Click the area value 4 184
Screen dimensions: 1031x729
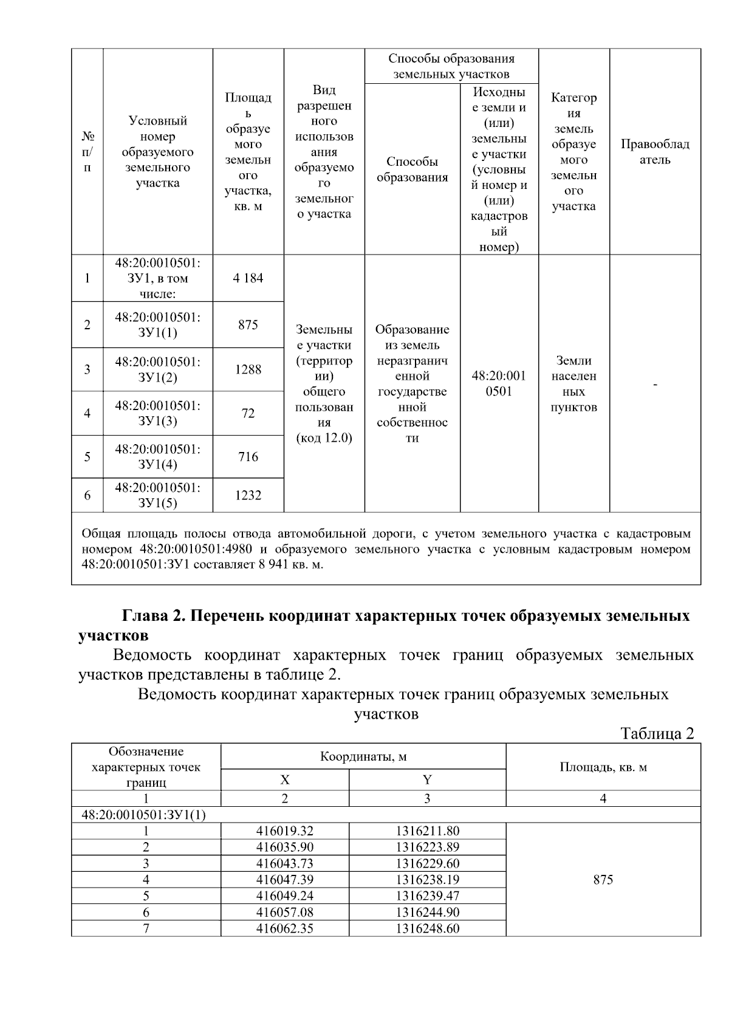(x=248, y=278)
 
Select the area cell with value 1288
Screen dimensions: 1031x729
(x=248, y=369)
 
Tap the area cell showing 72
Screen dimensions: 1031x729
(x=248, y=414)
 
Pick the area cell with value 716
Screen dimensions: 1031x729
(x=248, y=457)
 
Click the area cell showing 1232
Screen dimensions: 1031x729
(x=248, y=496)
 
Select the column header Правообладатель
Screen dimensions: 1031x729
(x=655, y=152)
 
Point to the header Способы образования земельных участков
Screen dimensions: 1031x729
(x=451, y=66)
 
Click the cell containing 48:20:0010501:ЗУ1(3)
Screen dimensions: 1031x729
(x=158, y=413)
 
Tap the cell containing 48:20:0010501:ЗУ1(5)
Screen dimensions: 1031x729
(x=158, y=495)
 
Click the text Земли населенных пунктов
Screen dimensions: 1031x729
(x=573, y=384)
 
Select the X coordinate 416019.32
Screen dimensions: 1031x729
(x=285, y=831)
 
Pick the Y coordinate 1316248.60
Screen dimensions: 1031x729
(x=427, y=929)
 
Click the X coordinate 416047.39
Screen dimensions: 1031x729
(x=285, y=880)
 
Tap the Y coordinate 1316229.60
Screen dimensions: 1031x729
(x=427, y=864)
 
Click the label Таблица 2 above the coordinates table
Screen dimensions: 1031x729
(x=657, y=734)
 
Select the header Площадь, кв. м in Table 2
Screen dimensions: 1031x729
(x=603, y=767)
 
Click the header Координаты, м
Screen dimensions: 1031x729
(x=363, y=756)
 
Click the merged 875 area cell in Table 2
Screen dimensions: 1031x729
(x=603, y=880)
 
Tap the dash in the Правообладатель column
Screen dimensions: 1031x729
(x=655, y=385)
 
